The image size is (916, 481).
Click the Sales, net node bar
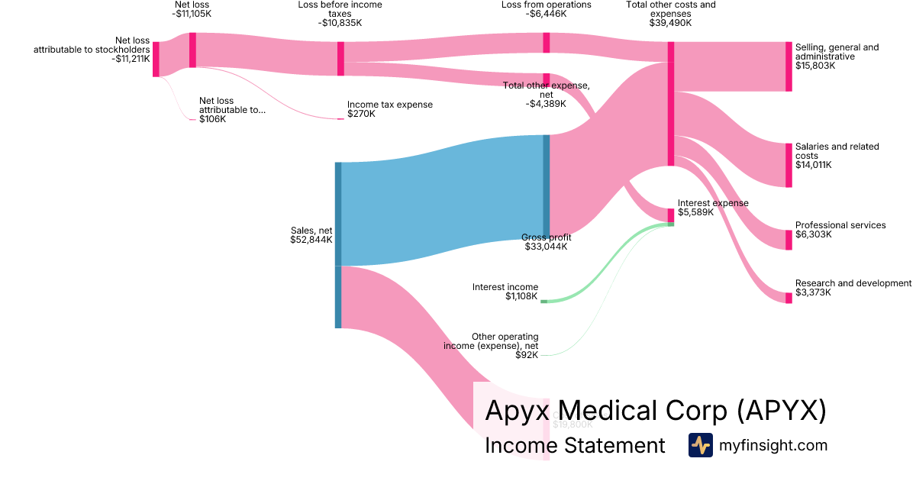(338, 244)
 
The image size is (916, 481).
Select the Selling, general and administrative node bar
(789, 66)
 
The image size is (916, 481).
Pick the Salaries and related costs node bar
(789, 165)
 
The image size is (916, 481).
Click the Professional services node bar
(789, 240)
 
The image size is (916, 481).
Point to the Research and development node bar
(789, 298)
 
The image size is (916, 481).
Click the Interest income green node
(543, 302)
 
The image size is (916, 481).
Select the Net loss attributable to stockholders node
(156, 60)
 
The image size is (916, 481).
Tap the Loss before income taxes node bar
(340, 59)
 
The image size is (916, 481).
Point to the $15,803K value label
(815, 66)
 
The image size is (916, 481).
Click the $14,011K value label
(814, 165)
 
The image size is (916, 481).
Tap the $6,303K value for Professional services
(814, 234)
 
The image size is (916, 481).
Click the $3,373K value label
(814, 292)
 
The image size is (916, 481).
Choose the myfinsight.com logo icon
(700, 445)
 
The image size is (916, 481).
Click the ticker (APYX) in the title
(782, 411)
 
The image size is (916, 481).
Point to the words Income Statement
(575, 446)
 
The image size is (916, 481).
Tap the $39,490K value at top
(670, 23)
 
